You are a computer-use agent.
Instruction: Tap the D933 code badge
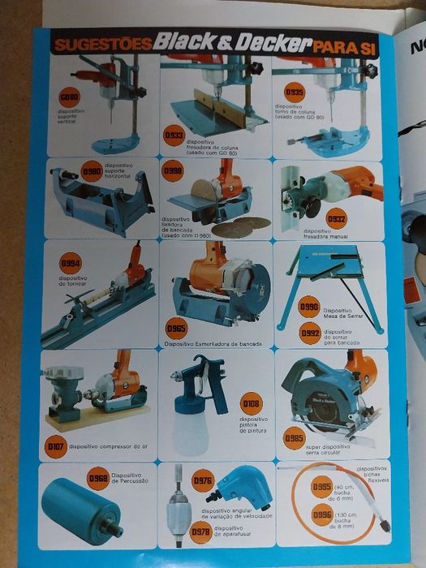(174, 135)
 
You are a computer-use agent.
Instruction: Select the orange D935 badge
(294, 92)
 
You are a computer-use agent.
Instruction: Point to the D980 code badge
(92, 173)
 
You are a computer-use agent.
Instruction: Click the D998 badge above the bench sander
(172, 173)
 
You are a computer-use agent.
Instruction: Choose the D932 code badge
(336, 218)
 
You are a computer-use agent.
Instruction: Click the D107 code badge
(55, 445)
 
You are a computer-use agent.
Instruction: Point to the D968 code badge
(98, 478)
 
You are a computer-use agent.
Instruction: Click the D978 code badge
(200, 532)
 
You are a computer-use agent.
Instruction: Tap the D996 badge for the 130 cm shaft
(322, 514)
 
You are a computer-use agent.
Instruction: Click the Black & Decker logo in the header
(234, 42)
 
